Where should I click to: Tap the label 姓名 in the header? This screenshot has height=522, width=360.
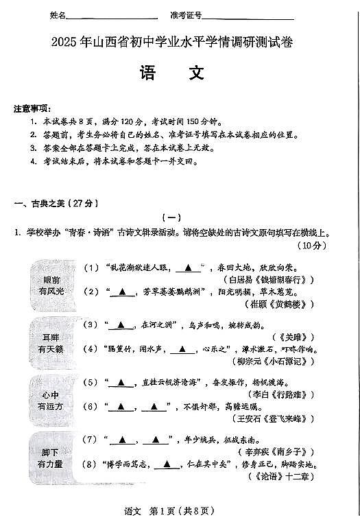tap(59, 15)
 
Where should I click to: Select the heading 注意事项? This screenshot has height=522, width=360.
tap(32, 108)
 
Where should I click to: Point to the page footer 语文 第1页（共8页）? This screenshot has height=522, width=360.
tap(179, 510)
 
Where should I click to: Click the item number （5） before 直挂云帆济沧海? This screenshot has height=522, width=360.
tap(90, 382)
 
